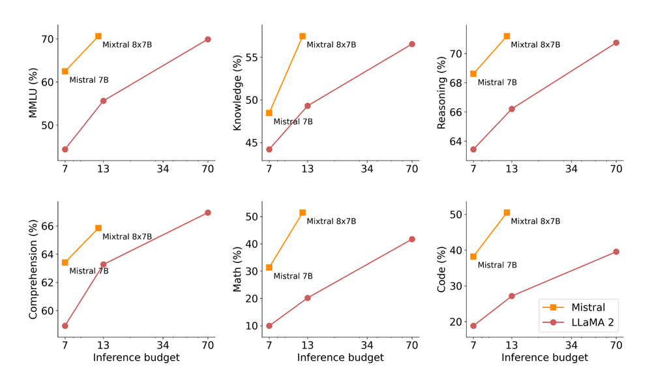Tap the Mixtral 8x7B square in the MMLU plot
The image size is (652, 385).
tap(98, 36)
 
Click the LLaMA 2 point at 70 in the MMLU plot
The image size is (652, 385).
tap(208, 39)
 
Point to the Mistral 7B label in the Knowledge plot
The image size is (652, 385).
tap(293, 121)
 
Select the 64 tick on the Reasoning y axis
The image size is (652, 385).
tap(456, 141)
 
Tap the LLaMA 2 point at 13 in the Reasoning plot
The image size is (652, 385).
tap(512, 109)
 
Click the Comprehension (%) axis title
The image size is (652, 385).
tap(33, 269)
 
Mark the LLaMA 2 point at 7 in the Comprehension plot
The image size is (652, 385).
tap(65, 326)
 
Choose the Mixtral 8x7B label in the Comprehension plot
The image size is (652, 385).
tap(127, 236)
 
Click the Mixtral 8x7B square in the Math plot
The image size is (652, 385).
tap(303, 213)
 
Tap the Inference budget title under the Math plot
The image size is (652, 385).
tap(340, 358)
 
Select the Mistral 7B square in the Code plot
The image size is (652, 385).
tap(473, 256)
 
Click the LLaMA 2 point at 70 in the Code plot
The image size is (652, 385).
tap(616, 252)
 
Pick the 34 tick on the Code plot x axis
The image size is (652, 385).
tap(572, 346)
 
